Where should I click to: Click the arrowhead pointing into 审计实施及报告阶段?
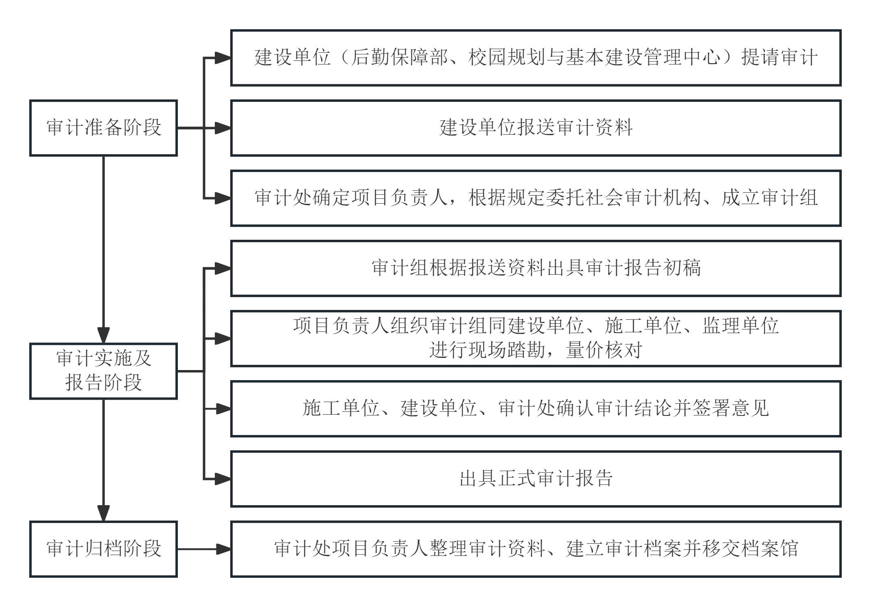coord(104,335)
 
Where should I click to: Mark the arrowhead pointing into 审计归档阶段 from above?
coord(104,513)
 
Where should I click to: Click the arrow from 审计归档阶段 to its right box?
coord(204,549)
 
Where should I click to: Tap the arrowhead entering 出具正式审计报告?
coord(223,479)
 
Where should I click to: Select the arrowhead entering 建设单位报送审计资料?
coord(223,128)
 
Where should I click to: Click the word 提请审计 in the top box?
coord(780,57)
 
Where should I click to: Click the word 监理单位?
coord(740,326)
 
